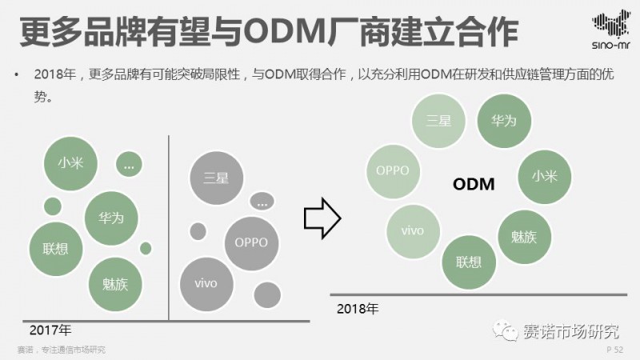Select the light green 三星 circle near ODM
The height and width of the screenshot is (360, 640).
click(438, 121)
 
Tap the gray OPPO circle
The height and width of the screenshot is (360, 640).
click(251, 242)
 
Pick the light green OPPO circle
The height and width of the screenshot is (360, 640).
click(392, 170)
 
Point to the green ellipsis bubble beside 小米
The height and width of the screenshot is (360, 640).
click(129, 164)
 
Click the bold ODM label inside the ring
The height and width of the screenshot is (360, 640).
click(474, 185)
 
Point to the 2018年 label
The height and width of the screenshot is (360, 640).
click(357, 307)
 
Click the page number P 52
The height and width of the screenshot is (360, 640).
click(614, 350)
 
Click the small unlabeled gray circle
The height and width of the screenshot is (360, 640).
click(198, 231)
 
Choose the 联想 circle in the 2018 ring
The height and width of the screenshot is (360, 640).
click(469, 262)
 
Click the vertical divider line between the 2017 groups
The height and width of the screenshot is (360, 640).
click(169, 228)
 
